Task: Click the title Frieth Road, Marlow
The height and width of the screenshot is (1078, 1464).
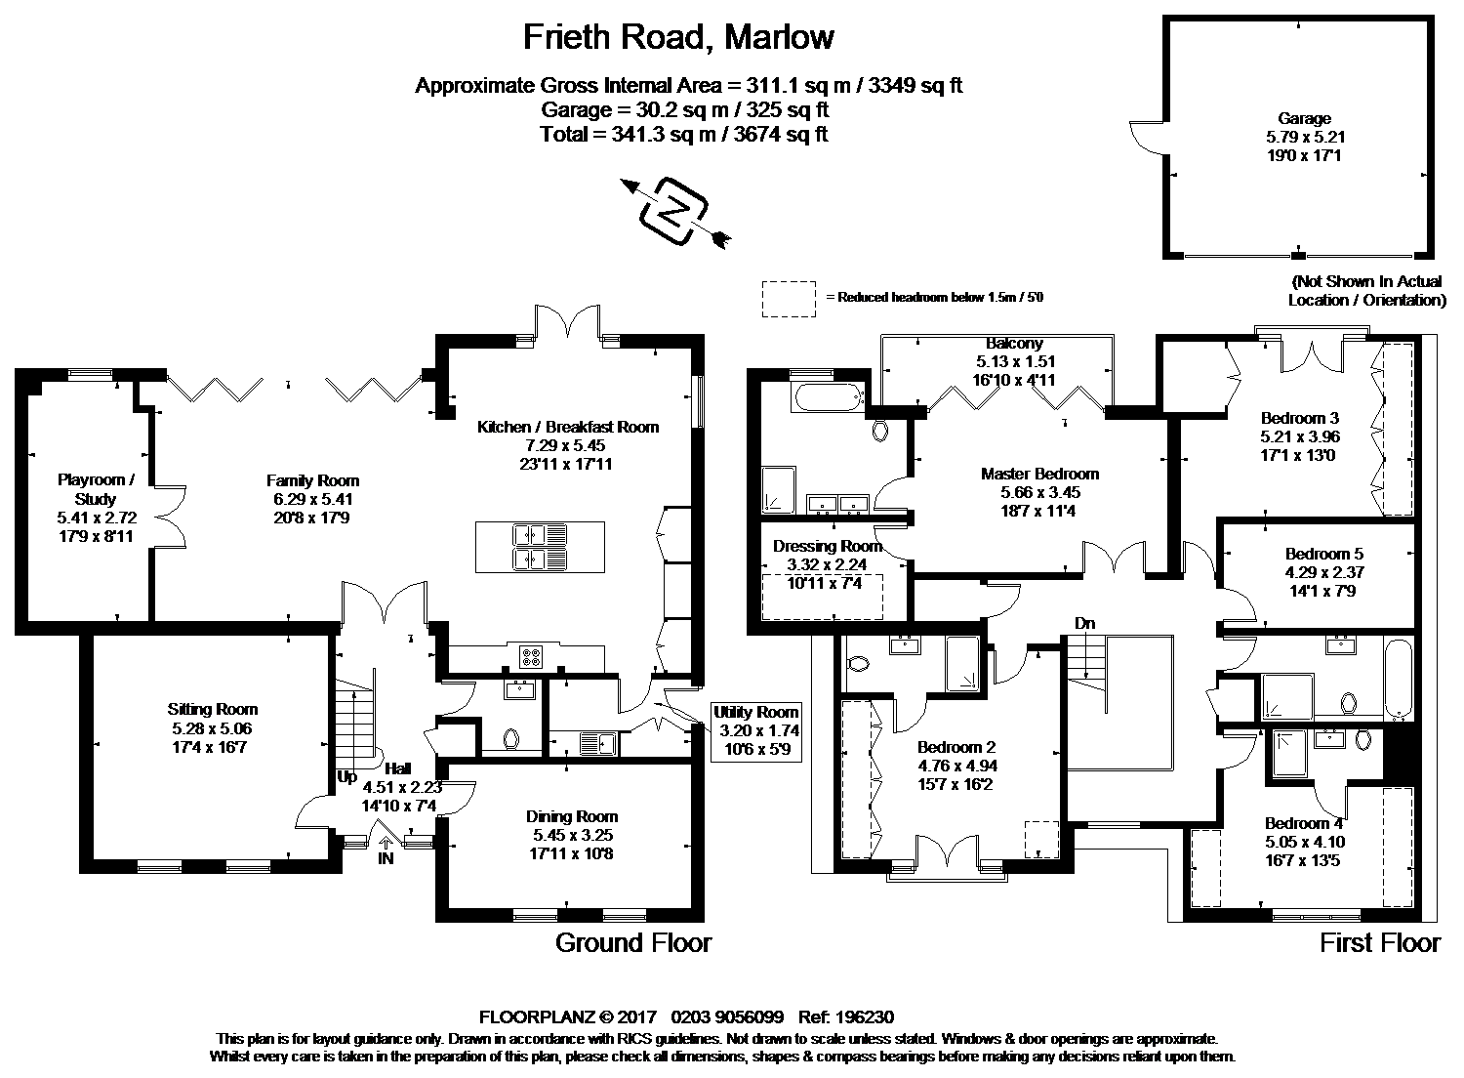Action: tap(678, 37)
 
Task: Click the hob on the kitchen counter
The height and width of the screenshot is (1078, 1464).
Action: tap(532, 656)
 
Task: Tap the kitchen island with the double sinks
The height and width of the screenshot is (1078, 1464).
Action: tap(539, 547)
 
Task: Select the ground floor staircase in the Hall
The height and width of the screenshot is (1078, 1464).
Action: tap(354, 723)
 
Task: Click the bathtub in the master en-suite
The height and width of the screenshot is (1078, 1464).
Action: tap(828, 396)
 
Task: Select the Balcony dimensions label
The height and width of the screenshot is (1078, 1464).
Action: tap(1014, 361)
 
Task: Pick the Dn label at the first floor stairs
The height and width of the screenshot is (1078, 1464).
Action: tap(1083, 622)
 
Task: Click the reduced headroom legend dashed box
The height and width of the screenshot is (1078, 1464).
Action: tap(788, 298)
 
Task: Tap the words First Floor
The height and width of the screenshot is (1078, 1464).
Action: tap(1379, 942)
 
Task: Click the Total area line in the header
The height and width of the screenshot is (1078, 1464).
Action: tap(683, 134)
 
